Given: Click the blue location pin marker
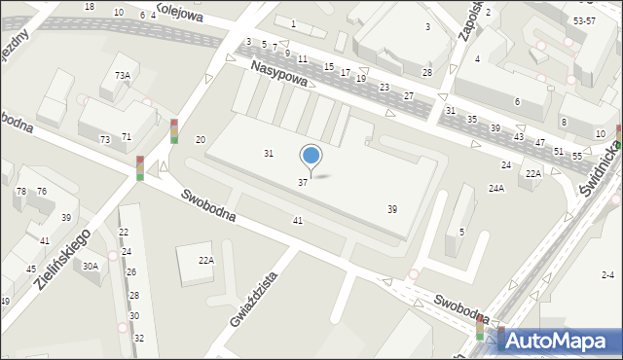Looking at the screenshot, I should (x=311, y=156).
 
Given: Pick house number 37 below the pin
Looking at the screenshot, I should (x=303, y=183).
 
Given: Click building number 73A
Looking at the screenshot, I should (x=122, y=75).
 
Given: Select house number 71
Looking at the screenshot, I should (x=126, y=137).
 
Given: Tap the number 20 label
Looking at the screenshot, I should (x=201, y=141).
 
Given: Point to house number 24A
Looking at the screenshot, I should (x=496, y=188).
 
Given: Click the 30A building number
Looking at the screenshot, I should (x=91, y=266).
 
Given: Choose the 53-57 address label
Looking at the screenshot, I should (x=584, y=20).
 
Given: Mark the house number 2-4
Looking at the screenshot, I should (x=608, y=275).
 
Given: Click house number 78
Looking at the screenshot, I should (x=20, y=192).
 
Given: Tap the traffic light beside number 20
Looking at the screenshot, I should (x=174, y=130).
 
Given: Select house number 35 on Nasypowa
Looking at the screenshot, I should (x=472, y=119).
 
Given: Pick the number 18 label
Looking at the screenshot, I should (x=90, y=7).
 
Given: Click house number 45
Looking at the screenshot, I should (x=31, y=270).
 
